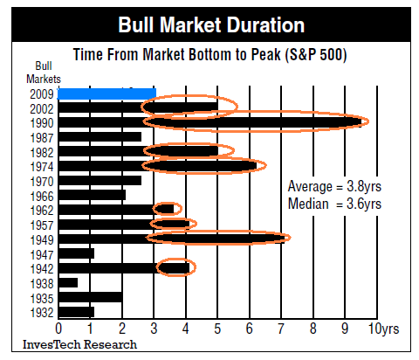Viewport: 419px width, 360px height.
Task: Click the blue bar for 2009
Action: coord(106,93)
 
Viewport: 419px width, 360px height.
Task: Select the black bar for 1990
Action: coord(209,122)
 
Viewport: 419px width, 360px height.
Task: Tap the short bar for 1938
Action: coord(68,282)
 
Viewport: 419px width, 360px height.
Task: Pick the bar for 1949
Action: coord(172,238)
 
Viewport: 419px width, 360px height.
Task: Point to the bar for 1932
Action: coord(76,311)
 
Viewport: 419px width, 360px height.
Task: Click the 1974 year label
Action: coord(41,165)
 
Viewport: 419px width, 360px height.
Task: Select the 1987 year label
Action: coord(41,136)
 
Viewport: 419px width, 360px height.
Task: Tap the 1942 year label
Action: coord(41,267)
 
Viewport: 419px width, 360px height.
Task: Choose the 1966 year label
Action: coord(41,195)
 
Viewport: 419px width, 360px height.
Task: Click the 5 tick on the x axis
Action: coord(217,329)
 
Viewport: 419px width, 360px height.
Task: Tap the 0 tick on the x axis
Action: coord(58,329)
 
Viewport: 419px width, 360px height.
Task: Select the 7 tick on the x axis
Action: coord(281,329)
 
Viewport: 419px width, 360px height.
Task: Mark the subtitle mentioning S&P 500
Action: coord(209,54)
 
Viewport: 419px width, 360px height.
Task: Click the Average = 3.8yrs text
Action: coord(334,186)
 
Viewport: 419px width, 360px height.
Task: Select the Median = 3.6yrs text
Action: coord(334,203)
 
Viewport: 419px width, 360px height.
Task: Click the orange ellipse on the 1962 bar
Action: coord(166,209)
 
